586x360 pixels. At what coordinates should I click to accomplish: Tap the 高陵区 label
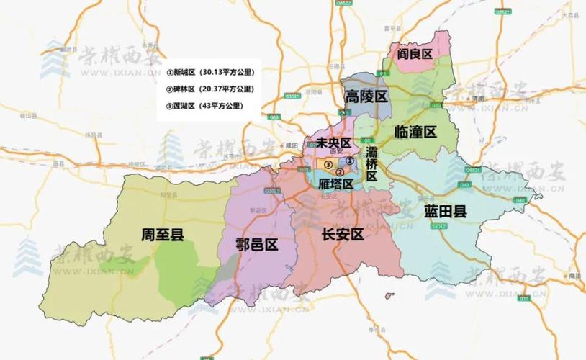(366, 96)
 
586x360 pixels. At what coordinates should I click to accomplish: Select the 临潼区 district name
(417, 132)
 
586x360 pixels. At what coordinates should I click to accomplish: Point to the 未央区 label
(328, 143)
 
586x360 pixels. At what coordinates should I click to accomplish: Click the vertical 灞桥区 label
(371, 163)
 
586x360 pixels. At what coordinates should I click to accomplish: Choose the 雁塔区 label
(335, 184)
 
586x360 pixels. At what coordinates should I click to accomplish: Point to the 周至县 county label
(163, 233)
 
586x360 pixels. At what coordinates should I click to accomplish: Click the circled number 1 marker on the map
(348, 161)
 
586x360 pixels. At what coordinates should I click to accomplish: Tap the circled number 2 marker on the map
(339, 171)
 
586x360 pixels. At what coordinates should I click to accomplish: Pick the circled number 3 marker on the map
(328, 165)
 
